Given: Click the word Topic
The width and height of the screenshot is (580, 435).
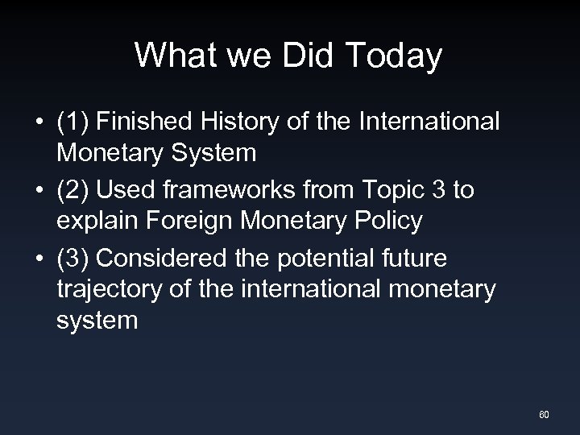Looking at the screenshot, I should click(391, 190).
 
